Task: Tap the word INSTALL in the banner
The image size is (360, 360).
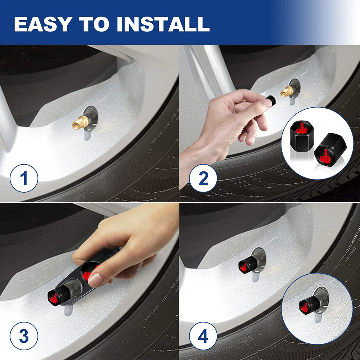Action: coord(163,24)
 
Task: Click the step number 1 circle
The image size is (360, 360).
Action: coord(24,178)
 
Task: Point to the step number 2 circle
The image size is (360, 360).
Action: coord(203,178)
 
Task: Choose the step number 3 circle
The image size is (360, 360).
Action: coord(24,336)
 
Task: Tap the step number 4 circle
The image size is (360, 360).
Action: coord(203,336)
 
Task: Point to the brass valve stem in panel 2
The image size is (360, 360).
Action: coord(287,91)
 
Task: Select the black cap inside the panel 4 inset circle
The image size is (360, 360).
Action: coord(309,304)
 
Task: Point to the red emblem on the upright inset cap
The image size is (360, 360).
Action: coord(302,129)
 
